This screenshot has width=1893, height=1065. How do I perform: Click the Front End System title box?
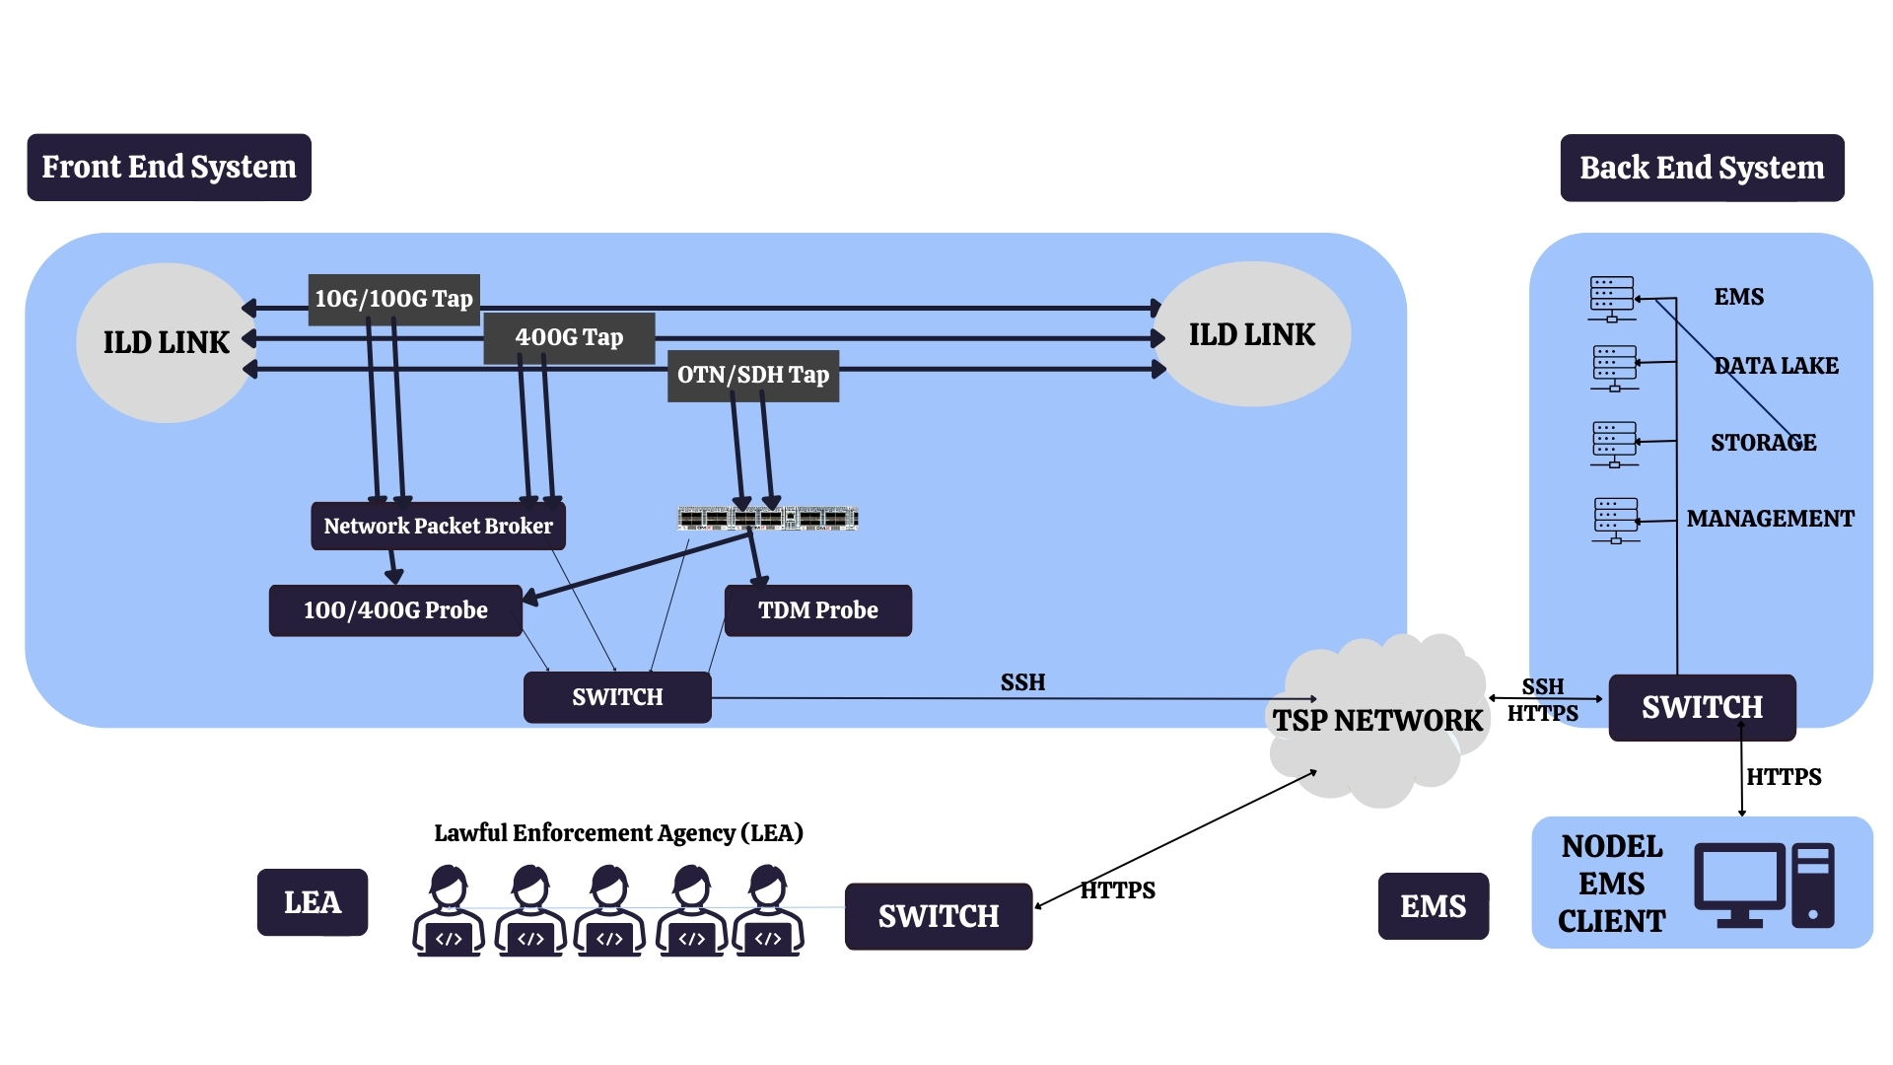click(x=169, y=168)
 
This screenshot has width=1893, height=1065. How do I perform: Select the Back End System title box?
click(x=1702, y=169)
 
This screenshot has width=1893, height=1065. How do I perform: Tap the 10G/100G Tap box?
click(x=393, y=299)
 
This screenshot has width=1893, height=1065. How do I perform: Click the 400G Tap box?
click(x=569, y=337)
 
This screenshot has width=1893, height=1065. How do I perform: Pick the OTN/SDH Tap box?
click(x=753, y=376)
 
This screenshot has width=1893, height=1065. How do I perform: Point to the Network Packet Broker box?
click(x=438, y=527)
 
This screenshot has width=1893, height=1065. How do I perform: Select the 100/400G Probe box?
click(x=395, y=610)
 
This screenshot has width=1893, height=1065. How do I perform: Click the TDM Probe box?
click(x=817, y=610)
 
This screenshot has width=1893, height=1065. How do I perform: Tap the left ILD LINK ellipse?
click(x=166, y=342)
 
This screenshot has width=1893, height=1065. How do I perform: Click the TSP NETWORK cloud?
click(x=1377, y=721)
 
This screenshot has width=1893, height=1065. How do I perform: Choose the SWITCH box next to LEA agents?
click(x=938, y=916)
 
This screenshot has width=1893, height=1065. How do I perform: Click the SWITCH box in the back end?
click(x=1702, y=707)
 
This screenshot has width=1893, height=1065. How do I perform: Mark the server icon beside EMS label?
click(x=1612, y=299)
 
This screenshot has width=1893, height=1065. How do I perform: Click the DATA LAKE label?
click(x=1776, y=366)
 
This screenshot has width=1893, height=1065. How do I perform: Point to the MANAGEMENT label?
click(x=1770, y=519)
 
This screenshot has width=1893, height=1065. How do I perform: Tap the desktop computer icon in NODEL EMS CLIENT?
click(x=1764, y=885)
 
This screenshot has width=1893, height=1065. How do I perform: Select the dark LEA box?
click(x=312, y=902)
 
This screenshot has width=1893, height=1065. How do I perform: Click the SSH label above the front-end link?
click(x=1022, y=682)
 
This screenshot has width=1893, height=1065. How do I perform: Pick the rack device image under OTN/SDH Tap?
click(x=767, y=519)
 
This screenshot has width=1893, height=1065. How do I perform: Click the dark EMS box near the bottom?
click(x=1433, y=906)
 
